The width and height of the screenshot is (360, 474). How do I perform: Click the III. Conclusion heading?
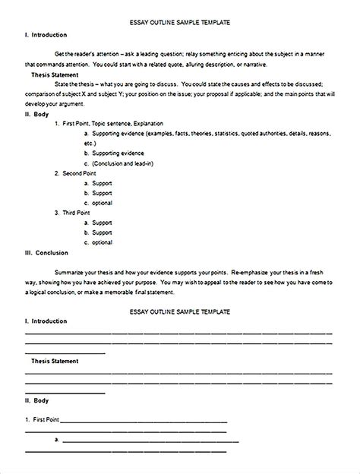point(46,253)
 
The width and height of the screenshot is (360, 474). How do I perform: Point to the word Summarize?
point(71,272)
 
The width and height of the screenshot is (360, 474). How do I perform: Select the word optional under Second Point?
point(103,203)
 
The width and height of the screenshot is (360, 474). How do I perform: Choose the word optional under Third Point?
point(103,242)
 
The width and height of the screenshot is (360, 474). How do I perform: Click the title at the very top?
point(180,24)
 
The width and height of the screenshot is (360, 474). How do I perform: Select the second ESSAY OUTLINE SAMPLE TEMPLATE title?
point(180,292)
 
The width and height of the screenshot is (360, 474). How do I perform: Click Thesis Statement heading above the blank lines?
point(58,362)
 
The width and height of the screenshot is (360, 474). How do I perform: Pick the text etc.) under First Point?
point(90,143)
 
